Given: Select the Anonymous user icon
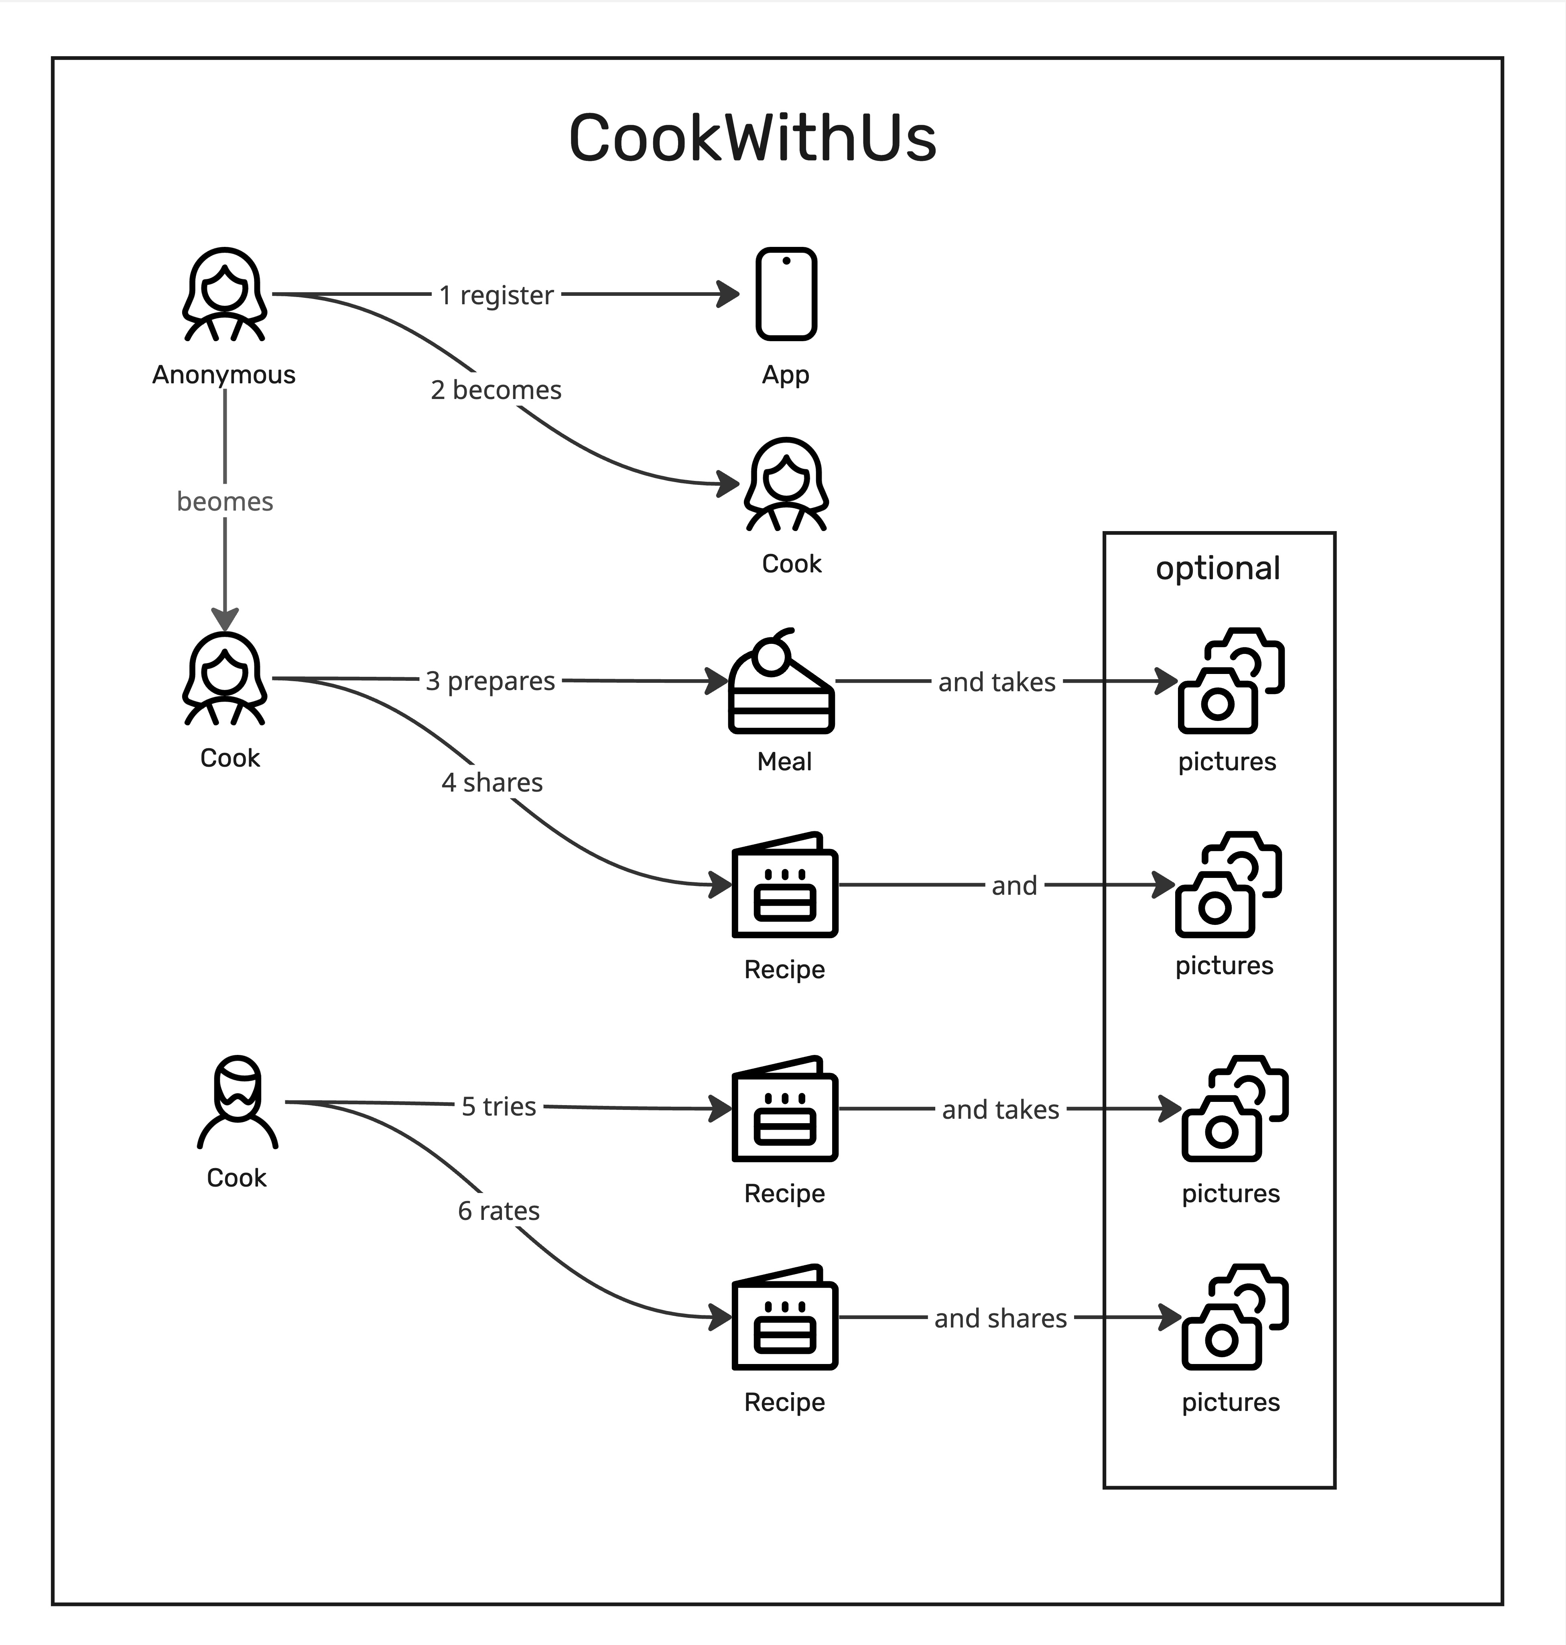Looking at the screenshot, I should point(225,294).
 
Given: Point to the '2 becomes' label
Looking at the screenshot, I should point(496,390).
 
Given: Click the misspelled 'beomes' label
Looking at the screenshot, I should point(225,501).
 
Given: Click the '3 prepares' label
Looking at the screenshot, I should point(490,680).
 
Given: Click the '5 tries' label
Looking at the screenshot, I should point(498,1106).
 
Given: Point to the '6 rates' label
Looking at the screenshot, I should point(498,1211).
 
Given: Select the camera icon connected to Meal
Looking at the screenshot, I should point(1231,681).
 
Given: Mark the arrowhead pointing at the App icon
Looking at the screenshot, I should point(729,294).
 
